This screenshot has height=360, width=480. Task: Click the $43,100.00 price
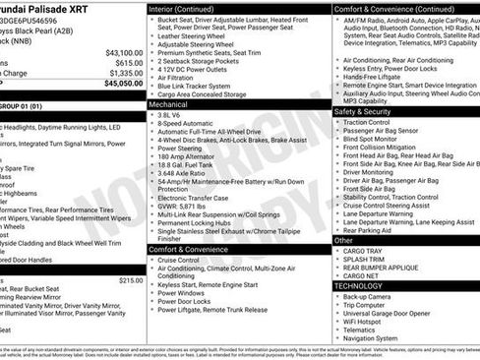(x=124, y=52)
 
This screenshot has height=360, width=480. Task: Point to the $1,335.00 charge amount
(x=125, y=73)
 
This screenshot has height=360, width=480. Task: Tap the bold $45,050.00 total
(x=123, y=84)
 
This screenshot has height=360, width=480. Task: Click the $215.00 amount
(x=131, y=279)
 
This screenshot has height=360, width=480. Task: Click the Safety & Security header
(x=362, y=111)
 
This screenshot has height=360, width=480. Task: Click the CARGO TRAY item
(x=363, y=250)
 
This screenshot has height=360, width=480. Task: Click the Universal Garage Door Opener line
(x=392, y=312)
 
